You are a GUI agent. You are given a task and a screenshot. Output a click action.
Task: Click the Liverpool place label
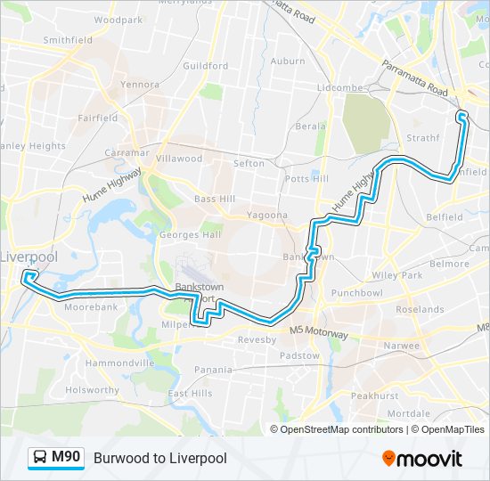[29, 257]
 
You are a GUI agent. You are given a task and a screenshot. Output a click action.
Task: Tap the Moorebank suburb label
[90, 306]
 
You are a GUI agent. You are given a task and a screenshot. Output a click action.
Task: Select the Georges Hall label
[191, 235]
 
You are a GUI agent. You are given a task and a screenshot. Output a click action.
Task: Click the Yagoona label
[267, 215]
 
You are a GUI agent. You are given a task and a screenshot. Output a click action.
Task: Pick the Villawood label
[179, 158]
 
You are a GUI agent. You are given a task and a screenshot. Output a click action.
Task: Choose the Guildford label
[206, 65]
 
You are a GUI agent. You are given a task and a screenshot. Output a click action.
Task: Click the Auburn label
[288, 61]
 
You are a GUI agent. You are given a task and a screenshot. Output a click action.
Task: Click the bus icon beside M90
[41, 458]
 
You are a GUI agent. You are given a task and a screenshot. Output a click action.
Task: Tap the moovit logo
[422, 459]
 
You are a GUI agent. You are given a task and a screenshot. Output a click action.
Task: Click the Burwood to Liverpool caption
[160, 459]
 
